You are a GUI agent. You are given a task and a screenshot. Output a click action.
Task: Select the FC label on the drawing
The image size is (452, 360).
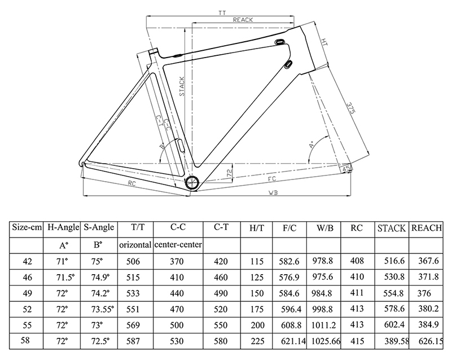(x=271, y=179)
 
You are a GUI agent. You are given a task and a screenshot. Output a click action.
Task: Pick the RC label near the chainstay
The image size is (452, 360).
(x=131, y=183)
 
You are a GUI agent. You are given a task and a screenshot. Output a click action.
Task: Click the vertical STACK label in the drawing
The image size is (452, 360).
(x=182, y=87)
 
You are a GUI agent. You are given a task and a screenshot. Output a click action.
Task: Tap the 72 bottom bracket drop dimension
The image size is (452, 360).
(x=229, y=173)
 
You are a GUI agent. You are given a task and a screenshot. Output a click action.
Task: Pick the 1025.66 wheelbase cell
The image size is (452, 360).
(x=323, y=342)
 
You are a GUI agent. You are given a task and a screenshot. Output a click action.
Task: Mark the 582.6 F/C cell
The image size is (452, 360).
(x=289, y=261)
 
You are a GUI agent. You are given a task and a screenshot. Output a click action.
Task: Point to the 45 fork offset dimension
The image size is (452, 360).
(x=345, y=168)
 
